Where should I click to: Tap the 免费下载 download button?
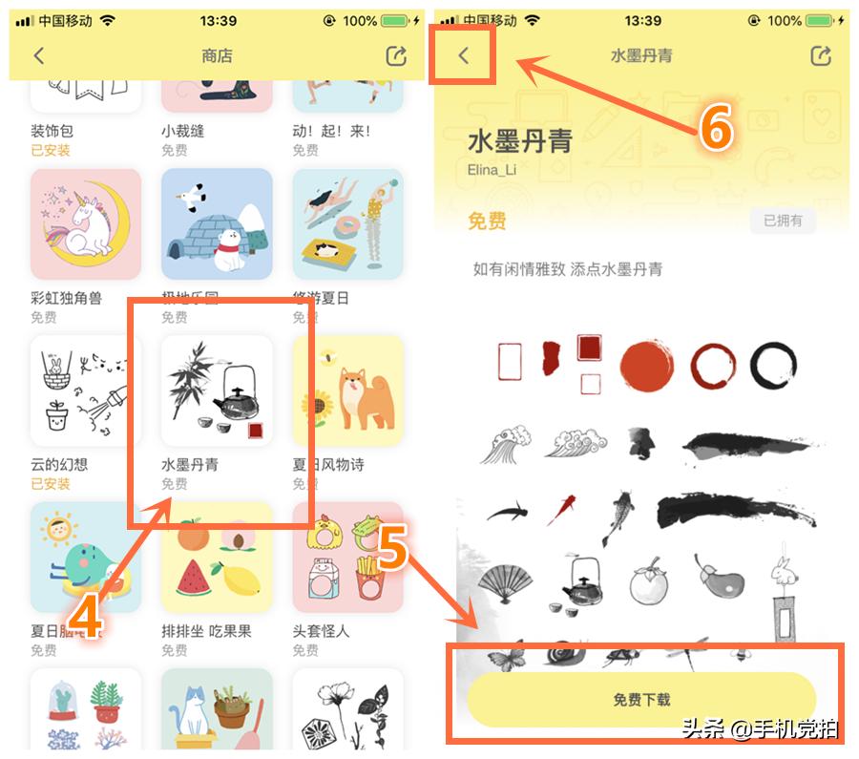(640, 700)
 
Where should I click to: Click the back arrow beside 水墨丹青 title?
(464, 55)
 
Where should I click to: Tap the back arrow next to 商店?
(39, 56)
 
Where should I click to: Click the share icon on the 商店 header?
(396, 56)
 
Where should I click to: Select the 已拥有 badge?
(784, 221)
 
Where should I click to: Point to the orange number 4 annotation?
(86, 616)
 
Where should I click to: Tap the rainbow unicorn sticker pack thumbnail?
(86, 225)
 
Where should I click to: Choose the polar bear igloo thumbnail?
(217, 225)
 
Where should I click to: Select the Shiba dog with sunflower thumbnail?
(347, 390)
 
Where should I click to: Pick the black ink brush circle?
(773, 366)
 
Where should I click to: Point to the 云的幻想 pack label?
(59, 465)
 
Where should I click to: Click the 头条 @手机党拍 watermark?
(760, 728)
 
